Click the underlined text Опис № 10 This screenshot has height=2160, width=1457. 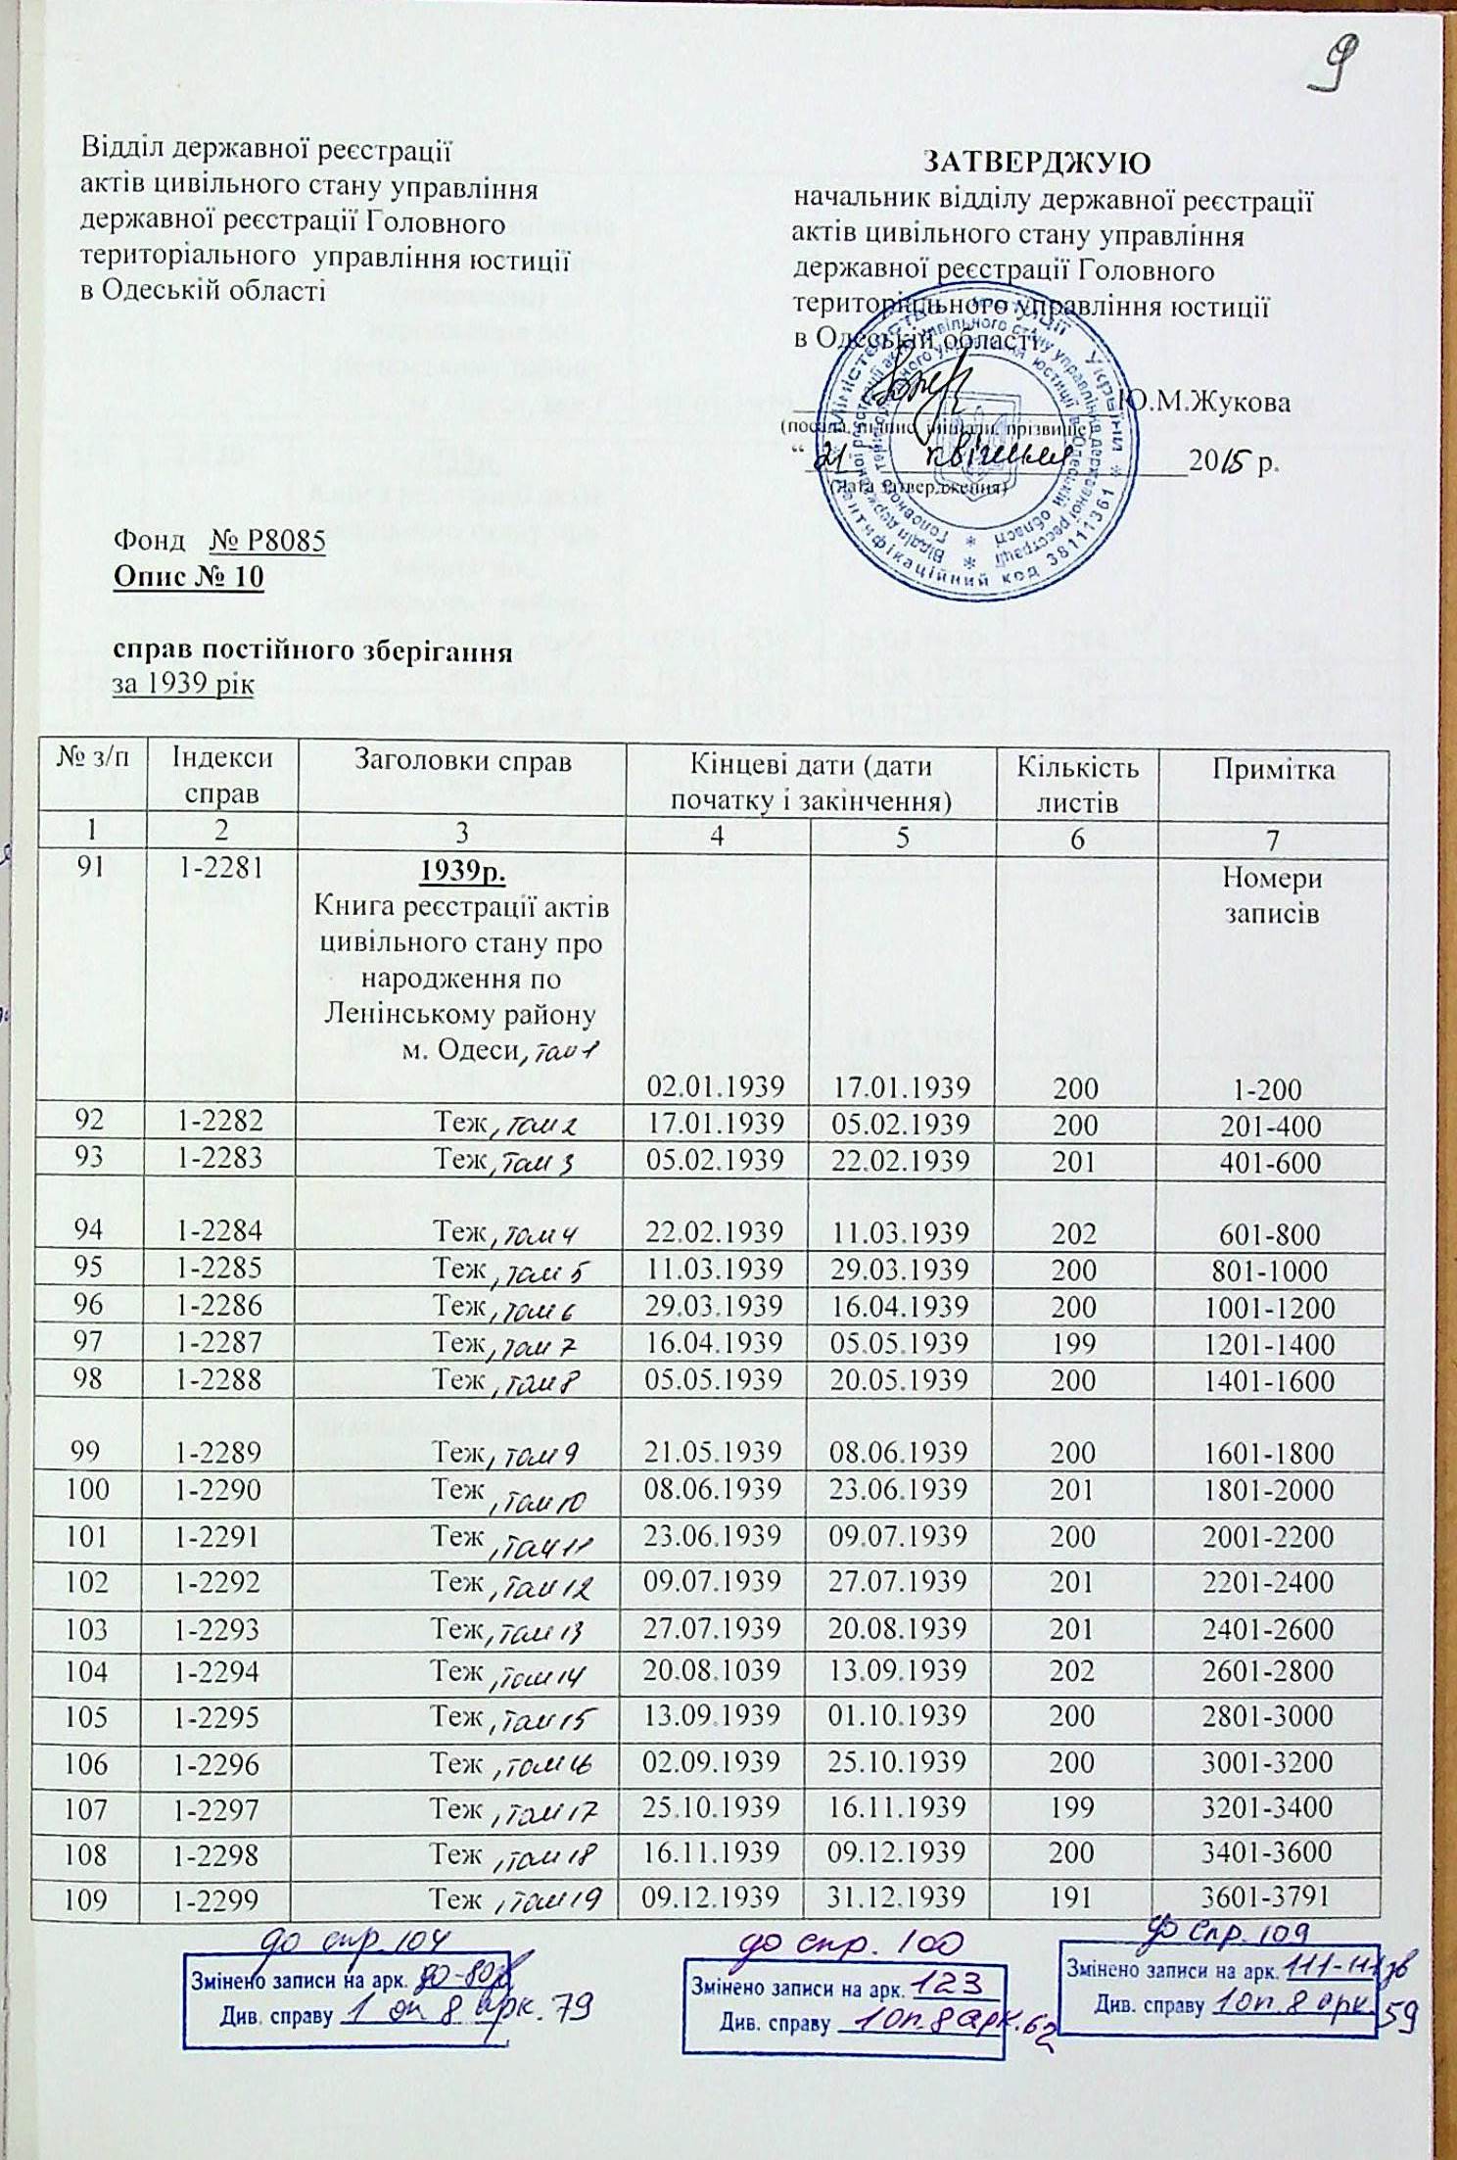(x=189, y=577)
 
